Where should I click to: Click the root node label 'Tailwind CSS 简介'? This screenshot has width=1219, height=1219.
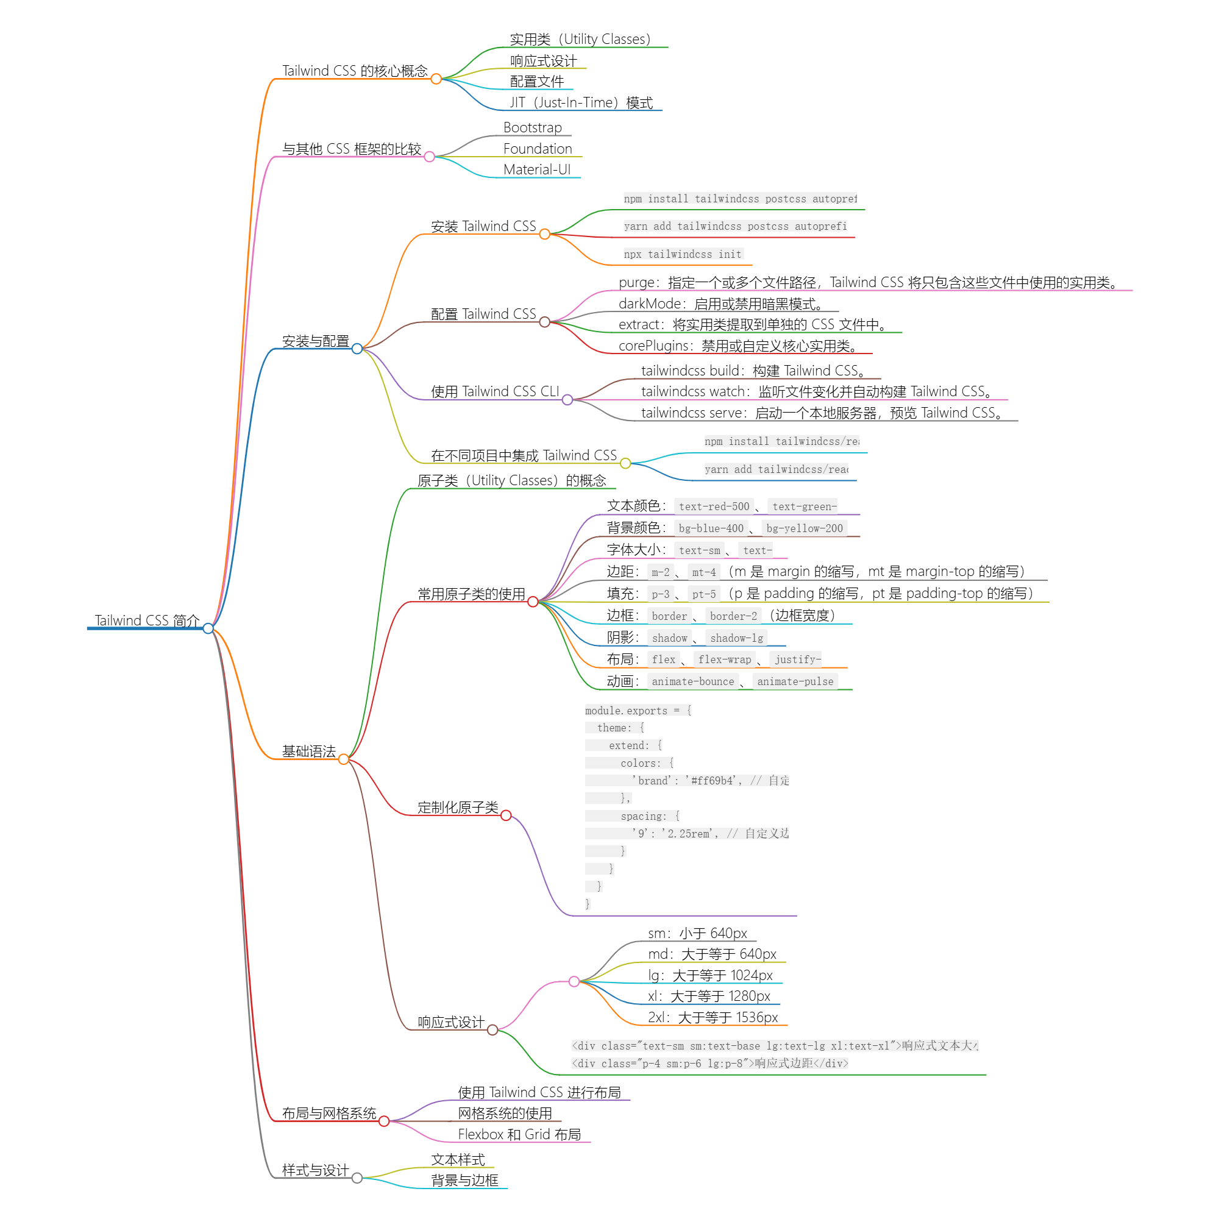click(147, 620)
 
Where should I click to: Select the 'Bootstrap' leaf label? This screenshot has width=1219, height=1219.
click(533, 127)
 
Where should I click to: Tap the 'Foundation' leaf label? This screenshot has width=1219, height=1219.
click(538, 149)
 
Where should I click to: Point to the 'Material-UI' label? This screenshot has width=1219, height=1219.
click(537, 169)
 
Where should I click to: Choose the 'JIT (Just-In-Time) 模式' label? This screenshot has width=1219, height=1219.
click(581, 103)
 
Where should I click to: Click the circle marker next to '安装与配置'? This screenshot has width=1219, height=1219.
click(357, 349)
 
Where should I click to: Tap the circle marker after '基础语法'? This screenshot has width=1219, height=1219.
click(343, 759)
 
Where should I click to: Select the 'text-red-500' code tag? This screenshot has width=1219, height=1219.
click(714, 506)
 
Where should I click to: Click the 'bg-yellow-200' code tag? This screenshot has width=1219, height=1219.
click(804, 528)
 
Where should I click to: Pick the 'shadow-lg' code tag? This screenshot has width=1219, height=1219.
click(736, 638)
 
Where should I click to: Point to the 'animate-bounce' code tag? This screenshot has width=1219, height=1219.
click(692, 681)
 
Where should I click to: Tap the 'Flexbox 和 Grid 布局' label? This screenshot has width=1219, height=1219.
click(519, 1134)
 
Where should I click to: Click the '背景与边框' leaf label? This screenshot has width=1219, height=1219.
click(464, 1181)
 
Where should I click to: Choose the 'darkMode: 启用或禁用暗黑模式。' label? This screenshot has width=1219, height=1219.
click(721, 304)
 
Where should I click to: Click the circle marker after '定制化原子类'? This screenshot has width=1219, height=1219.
click(506, 815)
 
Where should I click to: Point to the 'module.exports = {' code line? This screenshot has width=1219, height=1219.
click(638, 711)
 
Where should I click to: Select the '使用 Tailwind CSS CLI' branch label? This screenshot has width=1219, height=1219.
click(495, 392)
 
